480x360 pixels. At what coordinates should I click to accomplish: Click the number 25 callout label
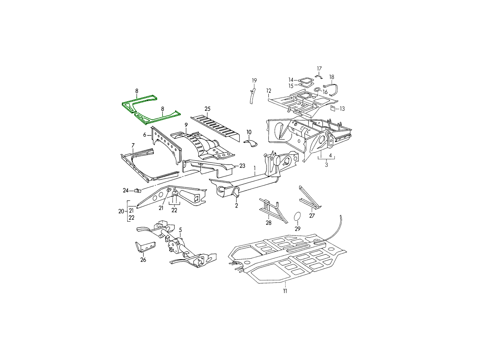point(207,109)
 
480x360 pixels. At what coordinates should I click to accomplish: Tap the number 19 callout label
point(254,80)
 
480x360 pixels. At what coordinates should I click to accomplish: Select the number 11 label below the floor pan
point(285,291)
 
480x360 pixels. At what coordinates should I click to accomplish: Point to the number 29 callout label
point(298,229)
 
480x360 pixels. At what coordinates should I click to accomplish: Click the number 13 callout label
point(342,109)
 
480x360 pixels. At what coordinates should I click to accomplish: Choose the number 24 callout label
point(126,191)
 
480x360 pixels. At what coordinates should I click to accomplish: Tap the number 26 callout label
point(143,260)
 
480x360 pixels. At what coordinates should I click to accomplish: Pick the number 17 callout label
point(319,69)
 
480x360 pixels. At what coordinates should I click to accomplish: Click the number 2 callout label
point(236,206)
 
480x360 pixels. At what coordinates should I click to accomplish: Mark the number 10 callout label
point(249,132)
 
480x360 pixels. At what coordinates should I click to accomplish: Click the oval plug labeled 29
point(298,216)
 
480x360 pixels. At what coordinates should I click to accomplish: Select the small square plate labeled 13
point(333,108)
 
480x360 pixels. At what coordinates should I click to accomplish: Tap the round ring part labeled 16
point(317,90)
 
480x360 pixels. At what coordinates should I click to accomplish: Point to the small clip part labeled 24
point(138,191)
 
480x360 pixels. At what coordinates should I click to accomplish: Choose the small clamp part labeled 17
point(319,76)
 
